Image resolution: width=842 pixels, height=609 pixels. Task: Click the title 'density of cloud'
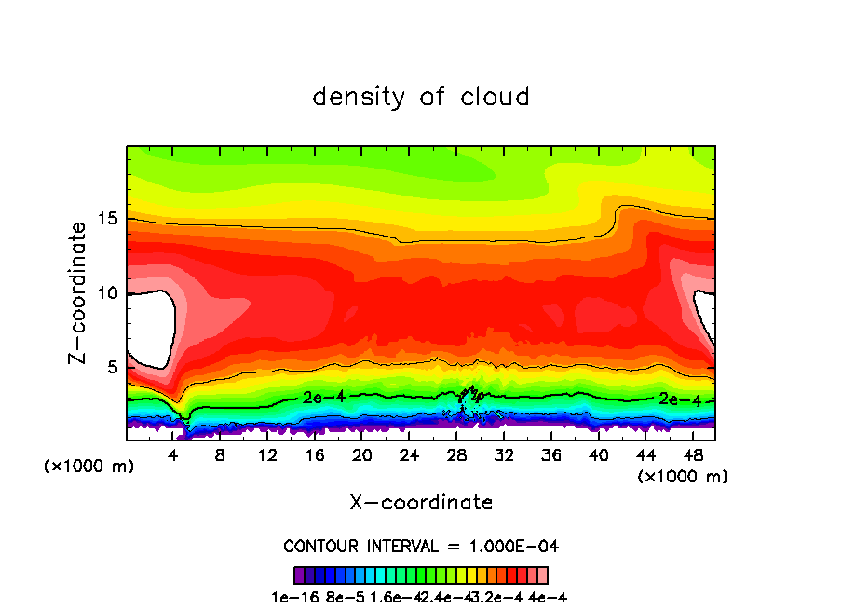click(421, 97)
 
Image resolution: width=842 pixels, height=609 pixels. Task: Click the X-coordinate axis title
click(421, 502)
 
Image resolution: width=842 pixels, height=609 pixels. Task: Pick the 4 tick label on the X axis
click(173, 455)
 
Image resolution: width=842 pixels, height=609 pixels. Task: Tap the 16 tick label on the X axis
click(315, 455)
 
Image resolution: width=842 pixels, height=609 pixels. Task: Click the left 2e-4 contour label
click(323, 397)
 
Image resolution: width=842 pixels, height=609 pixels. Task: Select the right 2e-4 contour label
click(679, 399)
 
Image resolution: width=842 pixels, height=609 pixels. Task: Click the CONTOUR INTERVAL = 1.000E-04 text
click(421, 546)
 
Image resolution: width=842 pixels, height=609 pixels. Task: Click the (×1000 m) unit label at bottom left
click(89, 467)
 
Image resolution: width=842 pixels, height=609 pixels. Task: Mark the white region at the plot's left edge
click(149, 326)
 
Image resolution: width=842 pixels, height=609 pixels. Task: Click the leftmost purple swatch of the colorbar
click(298, 575)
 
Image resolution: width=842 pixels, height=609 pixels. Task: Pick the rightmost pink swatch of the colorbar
click(543, 575)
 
